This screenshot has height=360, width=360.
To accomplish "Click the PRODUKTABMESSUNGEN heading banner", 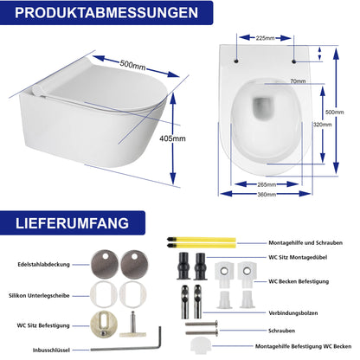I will tap(104, 15).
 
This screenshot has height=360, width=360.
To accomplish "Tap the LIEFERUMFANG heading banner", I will tap(73, 223).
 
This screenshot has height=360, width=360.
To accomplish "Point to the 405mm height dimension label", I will tap(197, 138).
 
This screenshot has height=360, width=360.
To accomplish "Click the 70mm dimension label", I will tap(273, 81).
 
